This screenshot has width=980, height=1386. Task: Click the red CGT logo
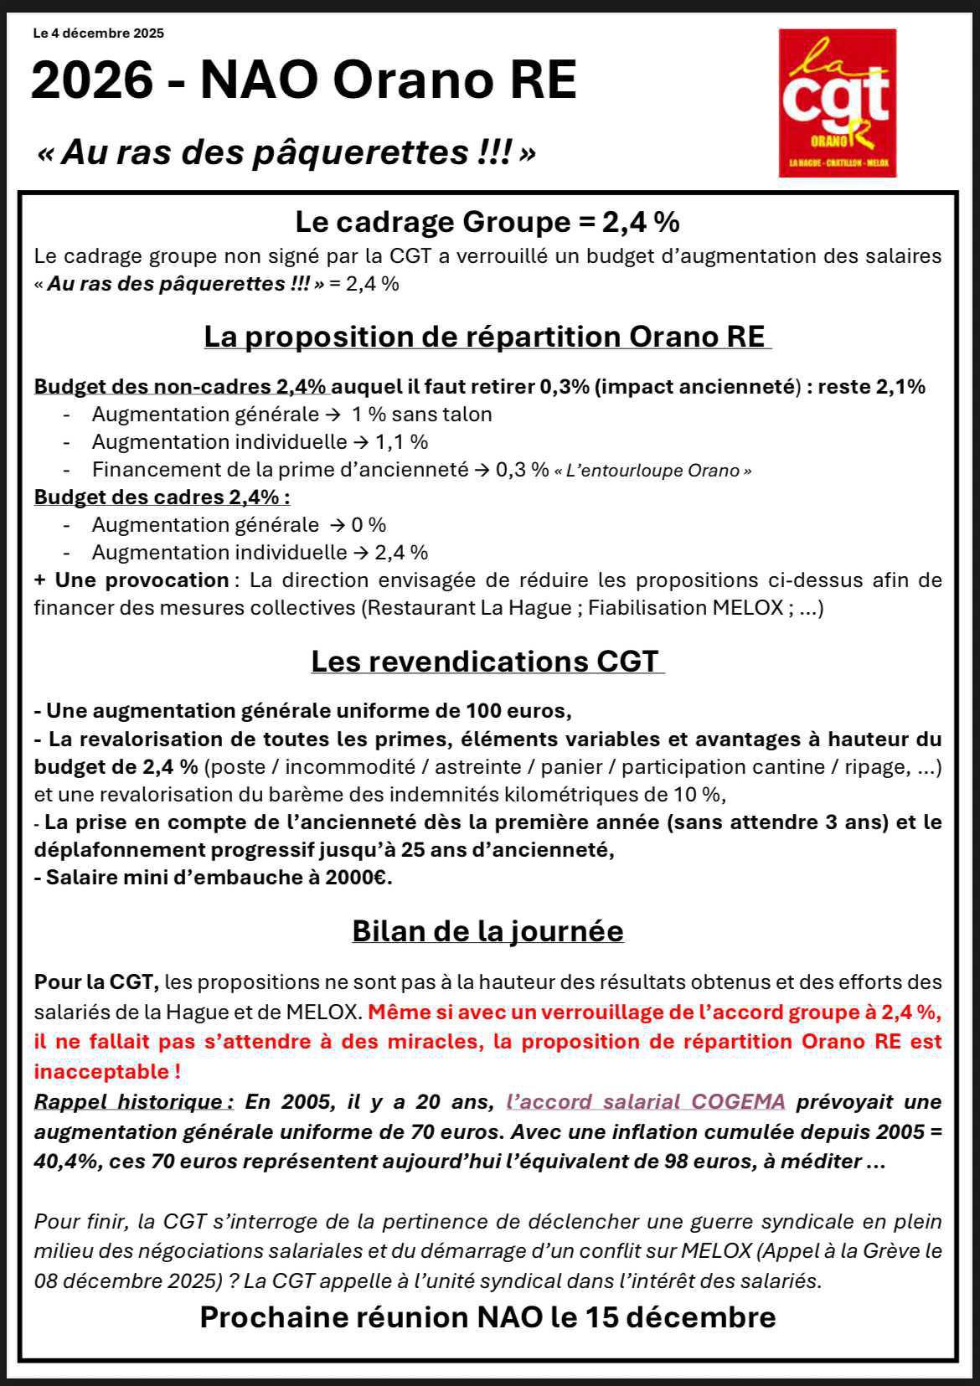tap(837, 102)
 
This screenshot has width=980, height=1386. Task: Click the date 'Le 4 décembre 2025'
tap(98, 33)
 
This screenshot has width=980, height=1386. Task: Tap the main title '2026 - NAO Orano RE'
tap(303, 81)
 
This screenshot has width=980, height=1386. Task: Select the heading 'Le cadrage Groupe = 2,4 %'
tap(487, 222)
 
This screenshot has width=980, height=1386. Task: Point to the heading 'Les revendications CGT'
tap(487, 661)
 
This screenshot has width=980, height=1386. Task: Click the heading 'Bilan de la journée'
tap(487, 930)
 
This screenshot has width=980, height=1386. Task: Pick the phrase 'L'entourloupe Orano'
tap(652, 471)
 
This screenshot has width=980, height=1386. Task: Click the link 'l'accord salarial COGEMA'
tap(646, 1101)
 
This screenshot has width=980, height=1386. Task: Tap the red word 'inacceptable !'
tap(107, 1071)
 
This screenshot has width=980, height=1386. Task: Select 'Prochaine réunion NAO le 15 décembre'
tap(487, 1316)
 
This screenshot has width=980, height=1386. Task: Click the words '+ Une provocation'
tap(132, 580)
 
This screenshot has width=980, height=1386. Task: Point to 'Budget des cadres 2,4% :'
tap(162, 497)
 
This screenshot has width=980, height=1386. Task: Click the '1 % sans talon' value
tap(421, 414)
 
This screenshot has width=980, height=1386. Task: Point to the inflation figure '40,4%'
tap(67, 1162)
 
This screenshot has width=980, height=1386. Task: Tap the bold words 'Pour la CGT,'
tap(96, 982)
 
